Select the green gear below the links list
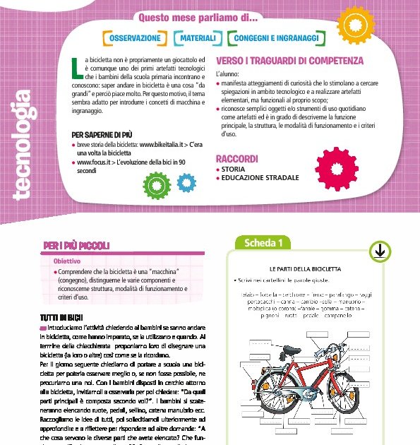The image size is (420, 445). pos(156,184)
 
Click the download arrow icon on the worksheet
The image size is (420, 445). pos(378,251)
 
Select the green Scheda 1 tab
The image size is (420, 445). pos(263,244)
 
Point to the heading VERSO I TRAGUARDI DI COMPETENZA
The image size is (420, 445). pos(289,61)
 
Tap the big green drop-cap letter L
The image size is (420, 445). pos(78,68)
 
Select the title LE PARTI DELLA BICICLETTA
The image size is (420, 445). pos(315,269)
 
